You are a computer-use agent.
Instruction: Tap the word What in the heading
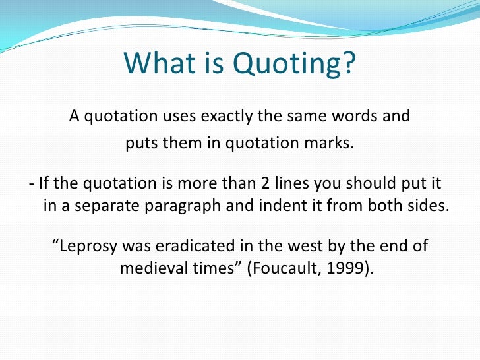pos(154,64)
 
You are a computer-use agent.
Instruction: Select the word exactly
pos(247,117)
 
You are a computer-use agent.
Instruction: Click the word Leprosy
pos(90,247)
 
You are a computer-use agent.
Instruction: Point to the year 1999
pos(343,269)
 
